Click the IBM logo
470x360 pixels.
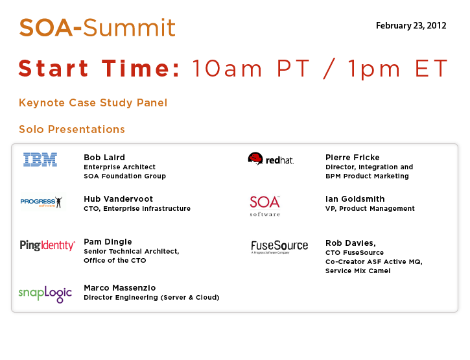40,160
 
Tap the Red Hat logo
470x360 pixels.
271,159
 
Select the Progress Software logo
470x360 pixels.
41,202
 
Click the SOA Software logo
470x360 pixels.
265,206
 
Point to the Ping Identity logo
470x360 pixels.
47,245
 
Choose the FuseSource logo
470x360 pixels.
279,246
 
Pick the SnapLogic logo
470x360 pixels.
45,293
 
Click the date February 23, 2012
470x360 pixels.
411,26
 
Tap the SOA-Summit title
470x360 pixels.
97,28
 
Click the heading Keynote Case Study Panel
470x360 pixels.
93,102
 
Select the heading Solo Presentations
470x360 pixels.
72,129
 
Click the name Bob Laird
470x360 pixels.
104,157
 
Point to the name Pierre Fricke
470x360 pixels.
353,157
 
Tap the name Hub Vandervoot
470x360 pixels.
119,199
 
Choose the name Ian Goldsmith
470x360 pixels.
355,199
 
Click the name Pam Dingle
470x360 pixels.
108,242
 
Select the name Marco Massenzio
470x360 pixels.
120,288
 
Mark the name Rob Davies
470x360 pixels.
351,243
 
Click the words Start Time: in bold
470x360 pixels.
99,68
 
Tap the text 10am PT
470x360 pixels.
251,68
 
